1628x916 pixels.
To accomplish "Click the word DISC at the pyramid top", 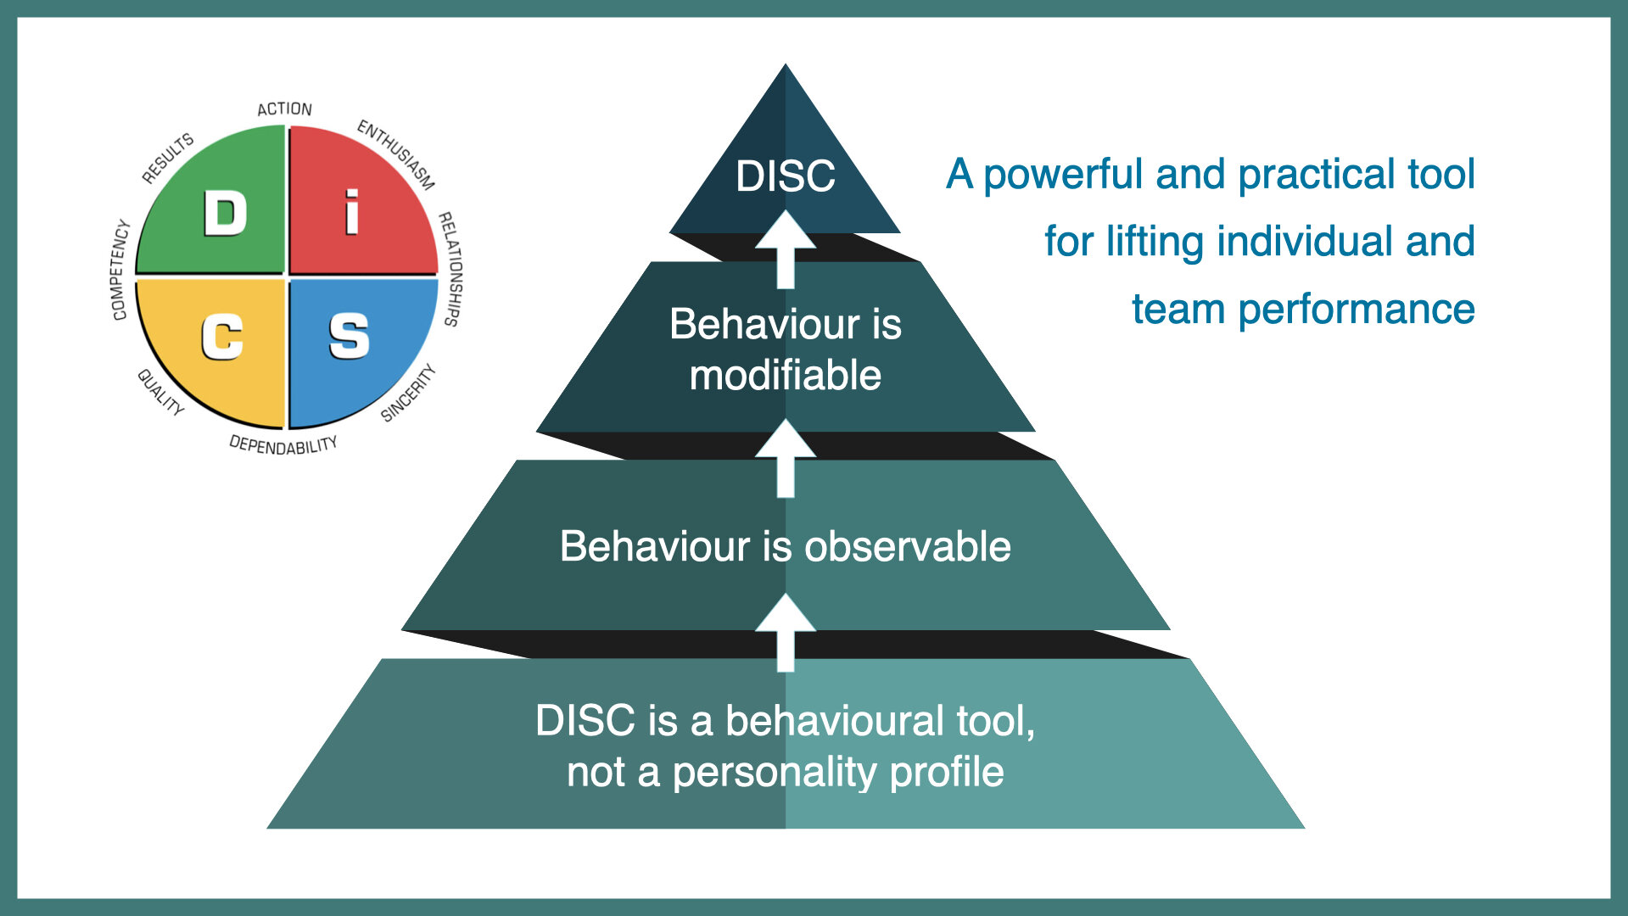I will tap(786, 176).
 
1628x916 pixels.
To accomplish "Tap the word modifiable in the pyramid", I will tap(786, 375).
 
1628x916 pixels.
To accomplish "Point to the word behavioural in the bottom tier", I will tap(835, 721).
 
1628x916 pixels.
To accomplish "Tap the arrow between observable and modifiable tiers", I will tap(786, 458).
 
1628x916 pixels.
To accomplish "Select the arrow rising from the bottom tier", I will tap(786, 633).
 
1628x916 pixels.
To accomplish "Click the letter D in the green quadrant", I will tap(225, 213).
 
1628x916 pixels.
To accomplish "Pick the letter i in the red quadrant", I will tap(351, 212).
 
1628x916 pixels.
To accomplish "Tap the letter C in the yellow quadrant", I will tap(222, 337).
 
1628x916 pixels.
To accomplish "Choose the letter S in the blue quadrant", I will tap(349, 336).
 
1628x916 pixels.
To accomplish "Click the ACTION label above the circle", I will tap(285, 109).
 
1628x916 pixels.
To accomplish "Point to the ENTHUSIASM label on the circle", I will tap(396, 154).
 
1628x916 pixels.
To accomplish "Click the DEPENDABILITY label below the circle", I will tap(283, 445).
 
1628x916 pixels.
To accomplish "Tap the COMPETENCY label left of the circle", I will tap(120, 270).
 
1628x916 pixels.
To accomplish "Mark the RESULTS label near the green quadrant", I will tap(168, 158).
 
